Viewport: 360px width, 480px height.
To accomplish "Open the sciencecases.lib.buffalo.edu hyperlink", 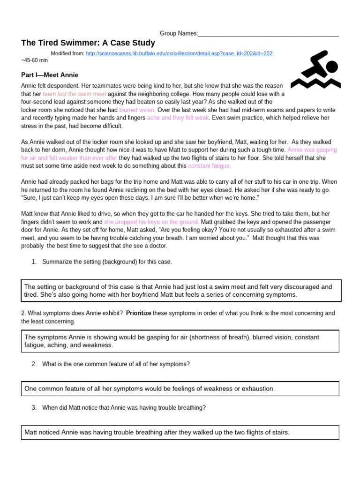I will click(179, 53).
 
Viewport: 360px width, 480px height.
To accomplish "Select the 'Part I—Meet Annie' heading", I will click(50, 75).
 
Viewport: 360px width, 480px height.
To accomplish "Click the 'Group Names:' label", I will click(179, 33).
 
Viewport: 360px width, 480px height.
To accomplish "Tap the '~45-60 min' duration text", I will click(34, 60).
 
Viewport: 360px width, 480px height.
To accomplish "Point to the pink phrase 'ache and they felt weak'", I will click(178, 118).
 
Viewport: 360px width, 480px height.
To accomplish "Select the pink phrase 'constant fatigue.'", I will click(210, 166).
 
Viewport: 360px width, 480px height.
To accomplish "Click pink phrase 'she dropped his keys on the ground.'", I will click(151, 222).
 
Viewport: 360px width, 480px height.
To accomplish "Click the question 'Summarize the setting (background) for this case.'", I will click(107, 262).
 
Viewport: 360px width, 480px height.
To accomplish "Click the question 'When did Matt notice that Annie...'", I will click(124, 408).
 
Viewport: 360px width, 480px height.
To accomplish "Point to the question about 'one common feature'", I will click(115, 364).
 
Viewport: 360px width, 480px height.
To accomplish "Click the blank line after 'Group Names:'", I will click(268, 34).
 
